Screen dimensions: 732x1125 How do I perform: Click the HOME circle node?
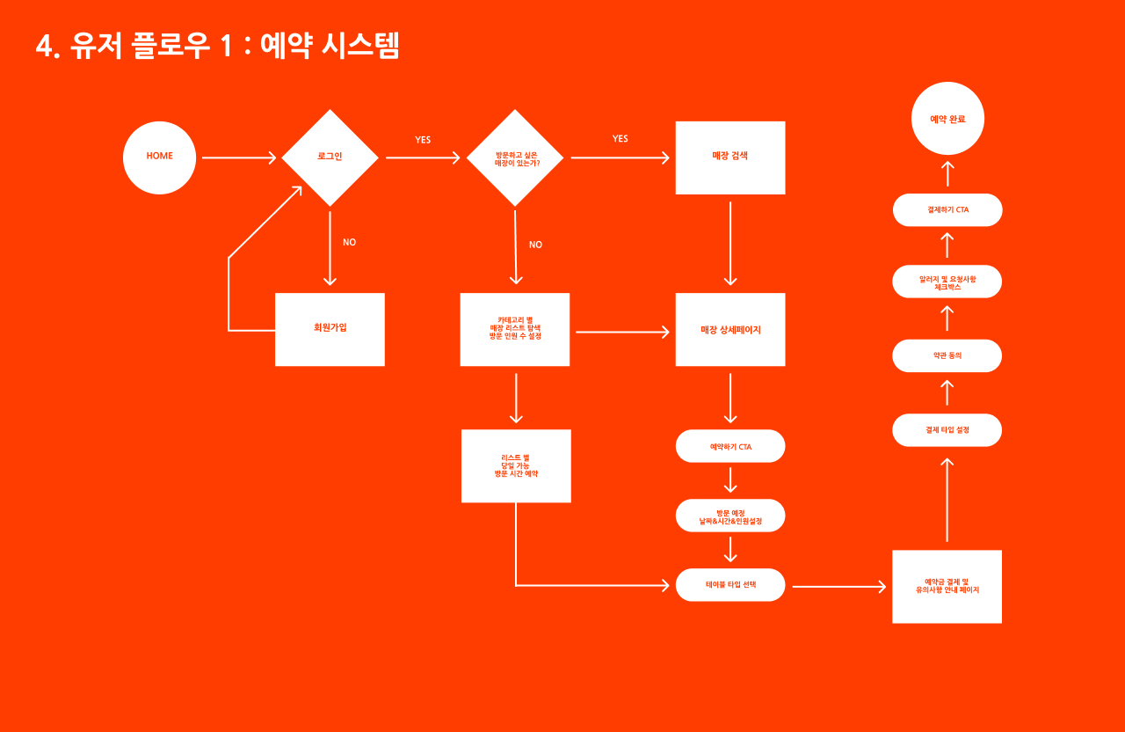(x=159, y=157)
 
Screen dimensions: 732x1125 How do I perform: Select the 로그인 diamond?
(x=330, y=157)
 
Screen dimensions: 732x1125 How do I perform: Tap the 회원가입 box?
(x=330, y=329)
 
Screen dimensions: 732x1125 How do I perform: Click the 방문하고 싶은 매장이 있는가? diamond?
(x=515, y=158)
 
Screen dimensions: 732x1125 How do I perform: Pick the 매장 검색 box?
(x=729, y=157)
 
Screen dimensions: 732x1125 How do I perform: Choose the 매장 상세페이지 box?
(x=729, y=329)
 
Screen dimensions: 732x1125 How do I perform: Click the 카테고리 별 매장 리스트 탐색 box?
(x=515, y=329)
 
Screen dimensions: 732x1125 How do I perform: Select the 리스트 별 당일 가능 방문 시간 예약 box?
(x=516, y=465)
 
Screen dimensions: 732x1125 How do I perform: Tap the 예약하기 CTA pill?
(x=729, y=446)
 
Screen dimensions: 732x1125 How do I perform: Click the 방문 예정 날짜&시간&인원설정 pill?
(x=729, y=516)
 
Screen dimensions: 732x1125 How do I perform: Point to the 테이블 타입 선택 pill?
(x=729, y=585)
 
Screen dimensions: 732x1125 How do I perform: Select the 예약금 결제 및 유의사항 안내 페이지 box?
(x=947, y=586)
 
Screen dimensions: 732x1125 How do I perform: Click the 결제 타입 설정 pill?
(x=947, y=430)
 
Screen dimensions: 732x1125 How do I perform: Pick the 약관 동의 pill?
(x=947, y=355)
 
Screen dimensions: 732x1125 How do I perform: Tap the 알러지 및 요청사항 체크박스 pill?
(x=947, y=282)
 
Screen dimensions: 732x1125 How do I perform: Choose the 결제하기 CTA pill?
(x=947, y=209)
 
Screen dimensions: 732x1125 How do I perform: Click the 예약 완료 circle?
(x=947, y=119)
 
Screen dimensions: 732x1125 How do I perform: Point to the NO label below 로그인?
(x=349, y=242)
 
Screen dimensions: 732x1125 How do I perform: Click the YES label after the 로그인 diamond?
(x=423, y=140)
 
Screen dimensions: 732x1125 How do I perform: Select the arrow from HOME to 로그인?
(x=239, y=158)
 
